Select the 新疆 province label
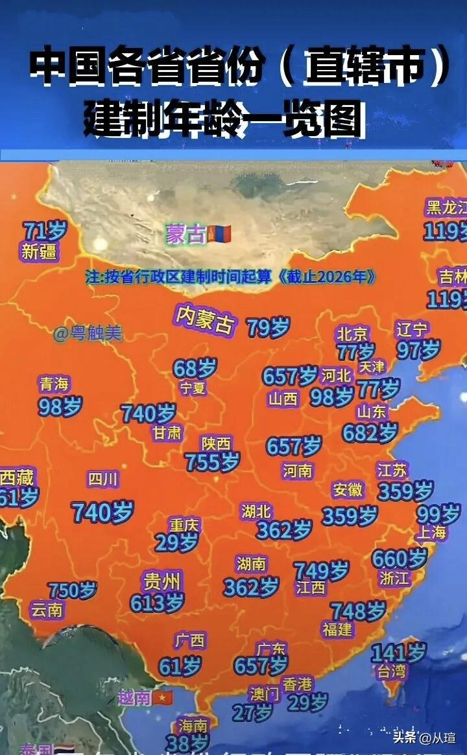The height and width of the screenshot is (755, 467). (x=39, y=252)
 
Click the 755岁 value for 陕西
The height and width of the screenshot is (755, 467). (x=212, y=462)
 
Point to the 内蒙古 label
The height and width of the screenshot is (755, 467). (x=205, y=319)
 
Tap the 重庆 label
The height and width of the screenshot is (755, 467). (x=185, y=524)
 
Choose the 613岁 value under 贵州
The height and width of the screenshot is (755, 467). (x=157, y=603)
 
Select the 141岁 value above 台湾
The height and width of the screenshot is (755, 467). (x=398, y=653)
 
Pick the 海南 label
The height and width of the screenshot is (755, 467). (x=192, y=726)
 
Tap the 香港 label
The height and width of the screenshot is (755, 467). (x=298, y=684)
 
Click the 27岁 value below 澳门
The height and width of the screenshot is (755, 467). (x=252, y=713)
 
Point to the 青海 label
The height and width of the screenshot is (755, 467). (x=54, y=384)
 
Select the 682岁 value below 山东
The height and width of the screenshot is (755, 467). (x=370, y=432)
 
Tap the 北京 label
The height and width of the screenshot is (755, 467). (x=352, y=334)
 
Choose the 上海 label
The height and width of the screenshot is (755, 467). (x=431, y=533)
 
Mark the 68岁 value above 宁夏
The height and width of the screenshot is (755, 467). (x=195, y=368)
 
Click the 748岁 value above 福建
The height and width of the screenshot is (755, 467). (x=358, y=610)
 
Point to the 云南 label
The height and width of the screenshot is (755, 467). (x=47, y=610)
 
